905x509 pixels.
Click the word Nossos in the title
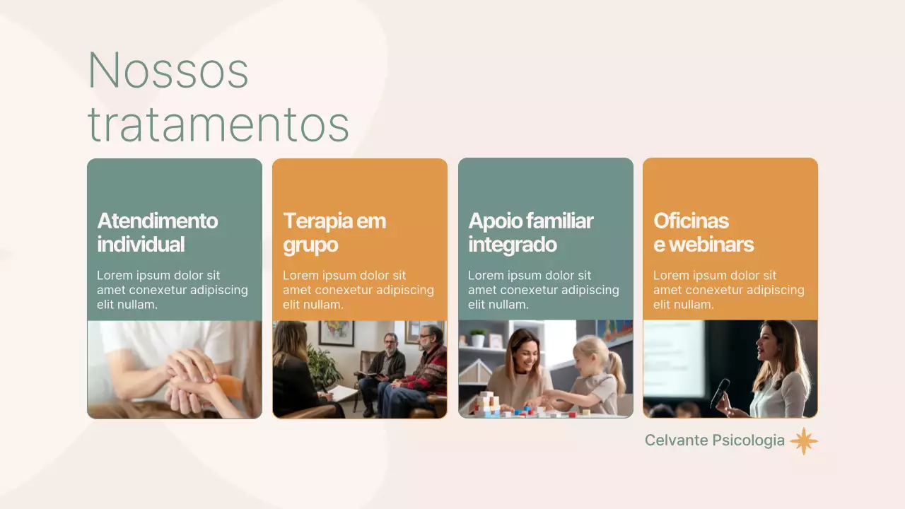coord(168,71)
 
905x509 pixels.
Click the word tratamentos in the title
coord(218,124)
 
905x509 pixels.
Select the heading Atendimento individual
coord(157,233)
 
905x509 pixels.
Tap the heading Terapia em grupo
coord(334,233)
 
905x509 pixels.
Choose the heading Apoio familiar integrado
coord(530,233)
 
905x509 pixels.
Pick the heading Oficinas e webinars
coord(703,233)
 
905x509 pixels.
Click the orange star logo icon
coord(803,441)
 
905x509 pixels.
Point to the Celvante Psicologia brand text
coord(714,440)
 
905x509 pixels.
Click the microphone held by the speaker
coord(720,392)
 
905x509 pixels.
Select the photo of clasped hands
coord(175,369)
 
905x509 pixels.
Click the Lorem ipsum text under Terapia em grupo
coord(358,290)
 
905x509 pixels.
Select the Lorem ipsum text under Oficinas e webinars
coord(728,290)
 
